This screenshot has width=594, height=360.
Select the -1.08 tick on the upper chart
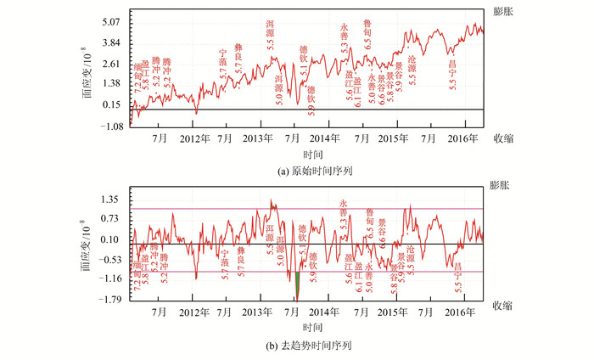(114, 126)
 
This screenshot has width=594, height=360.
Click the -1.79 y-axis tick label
(114, 300)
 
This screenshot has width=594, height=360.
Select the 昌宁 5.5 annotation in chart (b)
(458, 274)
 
